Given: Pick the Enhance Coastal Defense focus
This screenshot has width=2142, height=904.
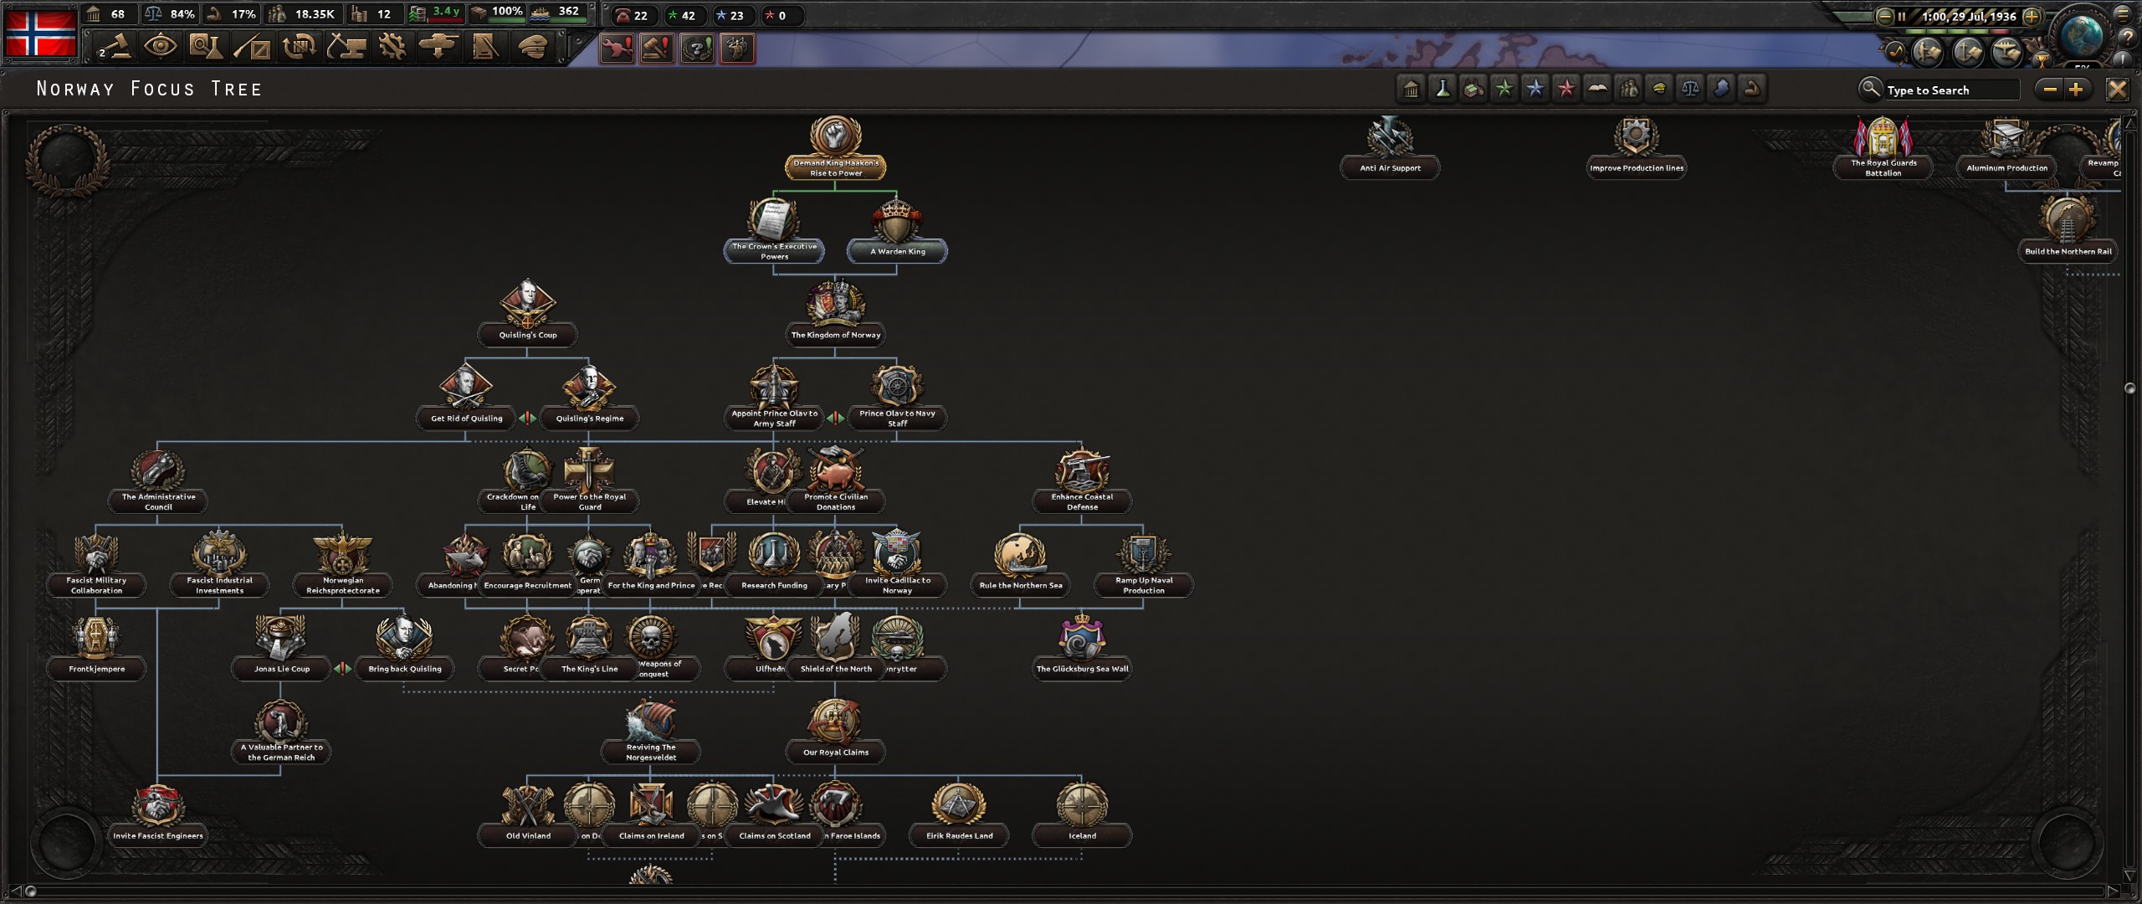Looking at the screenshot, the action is click(1082, 477).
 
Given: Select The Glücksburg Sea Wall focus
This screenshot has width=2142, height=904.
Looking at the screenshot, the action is click(1082, 645).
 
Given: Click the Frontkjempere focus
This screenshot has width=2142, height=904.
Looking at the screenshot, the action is click(96, 645).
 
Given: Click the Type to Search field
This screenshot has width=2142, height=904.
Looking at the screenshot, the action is click(1950, 90).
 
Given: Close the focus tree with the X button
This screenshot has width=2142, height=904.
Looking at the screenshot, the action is click(2117, 90).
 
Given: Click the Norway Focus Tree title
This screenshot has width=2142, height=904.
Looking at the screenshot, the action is click(149, 89).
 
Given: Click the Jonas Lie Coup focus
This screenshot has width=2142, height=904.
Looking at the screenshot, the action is click(281, 645).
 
